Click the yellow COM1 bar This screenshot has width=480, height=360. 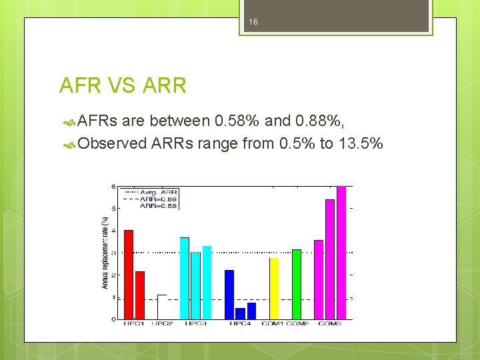tap(274, 289)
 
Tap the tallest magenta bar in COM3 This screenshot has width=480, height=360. tap(341, 253)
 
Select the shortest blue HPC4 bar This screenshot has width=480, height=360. tap(240, 314)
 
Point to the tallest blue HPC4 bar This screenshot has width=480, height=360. tap(229, 295)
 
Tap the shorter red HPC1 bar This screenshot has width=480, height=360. tap(140, 295)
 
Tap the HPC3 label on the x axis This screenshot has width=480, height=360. tap(195, 324)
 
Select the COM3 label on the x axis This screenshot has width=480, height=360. tap(330, 324)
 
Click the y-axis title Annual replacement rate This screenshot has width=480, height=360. tap(105, 253)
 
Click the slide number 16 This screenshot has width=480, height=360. tap(253, 22)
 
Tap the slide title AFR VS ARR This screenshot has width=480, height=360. tap(123, 85)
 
